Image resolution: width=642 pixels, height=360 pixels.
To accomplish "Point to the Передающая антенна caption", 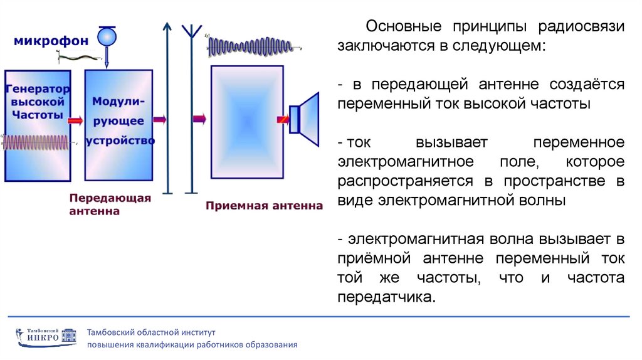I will click(x=110, y=204).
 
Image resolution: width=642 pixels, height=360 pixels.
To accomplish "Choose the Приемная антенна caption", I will click(x=264, y=205).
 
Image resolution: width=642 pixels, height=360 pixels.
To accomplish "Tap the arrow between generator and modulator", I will click(x=76, y=120).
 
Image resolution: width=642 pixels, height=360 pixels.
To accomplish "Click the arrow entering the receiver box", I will click(x=200, y=118).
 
